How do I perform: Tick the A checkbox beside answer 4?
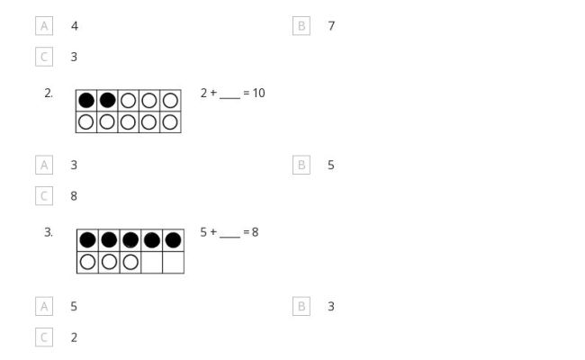(44, 26)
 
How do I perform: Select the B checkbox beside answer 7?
(301, 26)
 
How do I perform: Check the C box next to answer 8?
(44, 196)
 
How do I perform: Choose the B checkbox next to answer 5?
(301, 165)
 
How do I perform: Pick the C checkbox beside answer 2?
(44, 337)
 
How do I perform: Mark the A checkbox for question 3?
(44, 306)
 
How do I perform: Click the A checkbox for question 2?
(44, 165)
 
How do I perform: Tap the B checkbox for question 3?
(301, 306)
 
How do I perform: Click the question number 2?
(49, 94)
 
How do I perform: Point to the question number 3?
(49, 232)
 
